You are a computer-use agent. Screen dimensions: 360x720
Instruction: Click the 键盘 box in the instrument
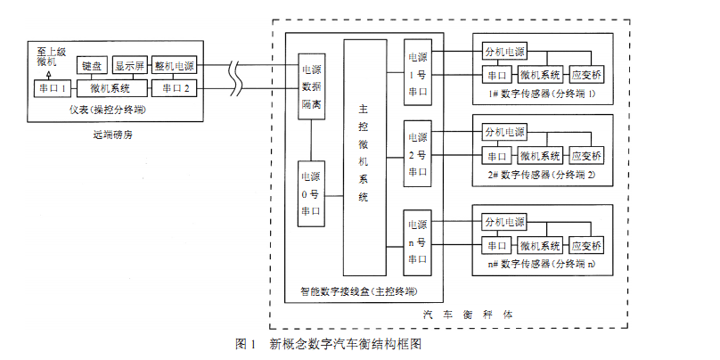[x=92, y=67]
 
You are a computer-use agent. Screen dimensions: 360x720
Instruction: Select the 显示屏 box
[x=129, y=67]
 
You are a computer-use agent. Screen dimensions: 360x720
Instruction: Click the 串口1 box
[x=52, y=89]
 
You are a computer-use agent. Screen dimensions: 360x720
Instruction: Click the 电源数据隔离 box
[x=311, y=87]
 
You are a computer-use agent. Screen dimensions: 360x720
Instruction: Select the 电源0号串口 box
[x=311, y=193]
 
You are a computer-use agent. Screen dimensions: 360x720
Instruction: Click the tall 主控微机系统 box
[x=363, y=157]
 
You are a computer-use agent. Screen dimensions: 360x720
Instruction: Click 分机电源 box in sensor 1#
[x=504, y=52]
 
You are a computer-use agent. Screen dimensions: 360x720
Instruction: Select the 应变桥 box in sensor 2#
[x=586, y=155]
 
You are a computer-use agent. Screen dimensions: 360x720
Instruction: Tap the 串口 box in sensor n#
[x=495, y=245]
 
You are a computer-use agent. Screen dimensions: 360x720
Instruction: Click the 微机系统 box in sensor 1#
[x=541, y=74]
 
